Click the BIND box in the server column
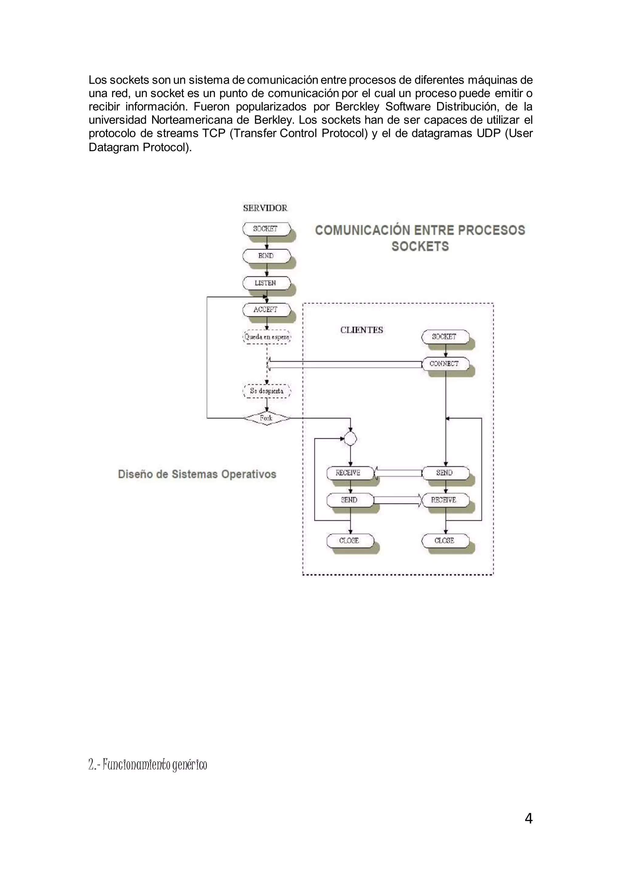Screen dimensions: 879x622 [x=266, y=256]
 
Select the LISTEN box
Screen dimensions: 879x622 [x=266, y=283]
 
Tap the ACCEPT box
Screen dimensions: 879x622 [x=266, y=310]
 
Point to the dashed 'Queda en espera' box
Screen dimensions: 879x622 [x=267, y=337]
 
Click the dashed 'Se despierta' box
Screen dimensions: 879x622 [x=267, y=391]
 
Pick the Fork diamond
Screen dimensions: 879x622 [x=267, y=418]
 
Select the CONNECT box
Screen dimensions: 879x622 [x=445, y=364]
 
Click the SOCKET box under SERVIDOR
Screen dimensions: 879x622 [x=266, y=229]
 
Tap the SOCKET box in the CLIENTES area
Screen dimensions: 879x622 [x=445, y=337]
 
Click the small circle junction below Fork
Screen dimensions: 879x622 [x=350, y=438]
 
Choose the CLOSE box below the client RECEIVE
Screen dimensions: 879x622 [x=445, y=541]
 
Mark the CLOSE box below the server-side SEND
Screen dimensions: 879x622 [x=349, y=541]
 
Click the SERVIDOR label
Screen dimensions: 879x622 [x=265, y=208]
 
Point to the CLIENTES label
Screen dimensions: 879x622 [x=361, y=330]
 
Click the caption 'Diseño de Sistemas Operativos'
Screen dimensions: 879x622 [x=197, y=474]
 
